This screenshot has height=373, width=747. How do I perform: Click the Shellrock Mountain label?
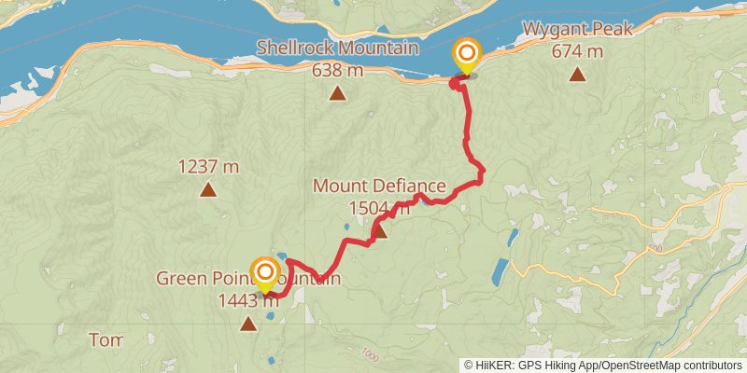point(337,48)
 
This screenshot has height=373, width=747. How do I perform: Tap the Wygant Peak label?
point(577,30)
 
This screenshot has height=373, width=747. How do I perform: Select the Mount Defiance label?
point(378,186)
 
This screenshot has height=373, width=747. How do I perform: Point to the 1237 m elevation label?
point(208,167)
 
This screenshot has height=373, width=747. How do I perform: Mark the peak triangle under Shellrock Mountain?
point(337,92)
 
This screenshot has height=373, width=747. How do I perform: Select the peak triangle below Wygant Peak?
point(577,75)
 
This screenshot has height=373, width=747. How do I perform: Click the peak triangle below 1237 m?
point(208,191)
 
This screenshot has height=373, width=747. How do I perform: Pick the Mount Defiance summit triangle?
point(379,230)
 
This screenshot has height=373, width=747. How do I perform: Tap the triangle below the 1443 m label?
point(247,325)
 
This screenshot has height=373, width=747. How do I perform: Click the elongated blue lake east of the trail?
point(500,271)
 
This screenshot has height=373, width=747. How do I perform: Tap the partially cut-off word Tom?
point(106,339)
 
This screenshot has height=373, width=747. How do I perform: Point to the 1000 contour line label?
point(371,354)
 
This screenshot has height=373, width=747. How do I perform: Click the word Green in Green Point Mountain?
point(178,279)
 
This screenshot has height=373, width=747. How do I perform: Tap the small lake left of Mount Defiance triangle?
point(346,227)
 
